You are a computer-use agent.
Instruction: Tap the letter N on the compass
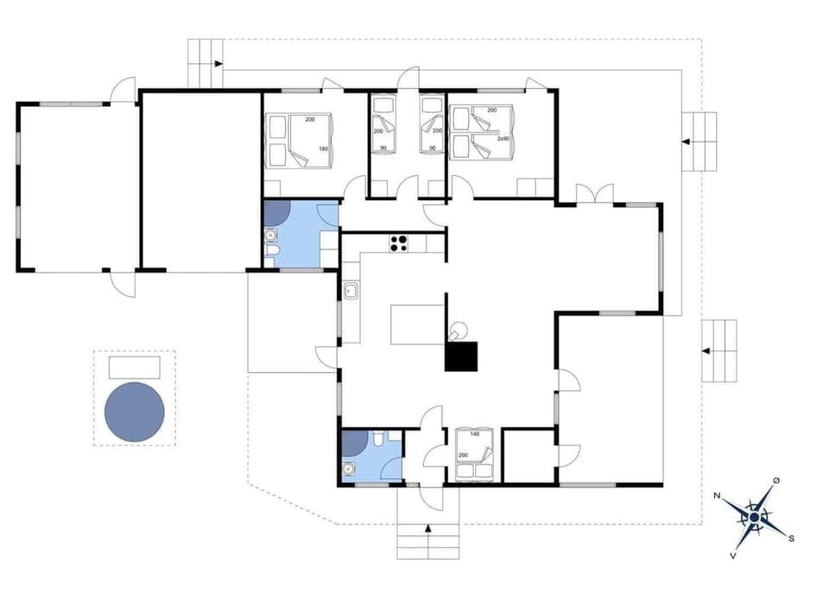pyautogui.click(x=718, y=495)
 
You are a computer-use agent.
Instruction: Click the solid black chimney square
pyautogui.click(x=461, y=356)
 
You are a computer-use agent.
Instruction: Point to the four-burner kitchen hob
pyautogui.click(x=399, y=243)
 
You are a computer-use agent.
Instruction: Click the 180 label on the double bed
pyautogui.click(x=324, y=148)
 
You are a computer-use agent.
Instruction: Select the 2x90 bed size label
pyautogui.click(x=503, y=138)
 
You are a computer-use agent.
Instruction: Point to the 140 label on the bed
pyautogui.click(x=474, y=435)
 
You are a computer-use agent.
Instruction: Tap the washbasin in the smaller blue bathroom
pyautogui.click(x=349, y=470)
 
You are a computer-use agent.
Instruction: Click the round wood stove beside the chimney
pyautogui.click(x=459, y=329)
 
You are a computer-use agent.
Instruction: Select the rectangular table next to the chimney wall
pyautogui.click(x=418, y=324)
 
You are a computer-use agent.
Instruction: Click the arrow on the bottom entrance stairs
pyautogui.click(x=428, y=528)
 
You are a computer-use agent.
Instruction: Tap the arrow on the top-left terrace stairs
pyautogui.click(x=218, y=64)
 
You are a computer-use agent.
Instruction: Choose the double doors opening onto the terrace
pyautogui.click(x=594, y=194)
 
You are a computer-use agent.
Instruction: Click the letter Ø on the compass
pyautogui.click(x=776, y=480)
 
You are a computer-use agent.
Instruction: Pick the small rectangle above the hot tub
pyautogui.click(x=135, y=368)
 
